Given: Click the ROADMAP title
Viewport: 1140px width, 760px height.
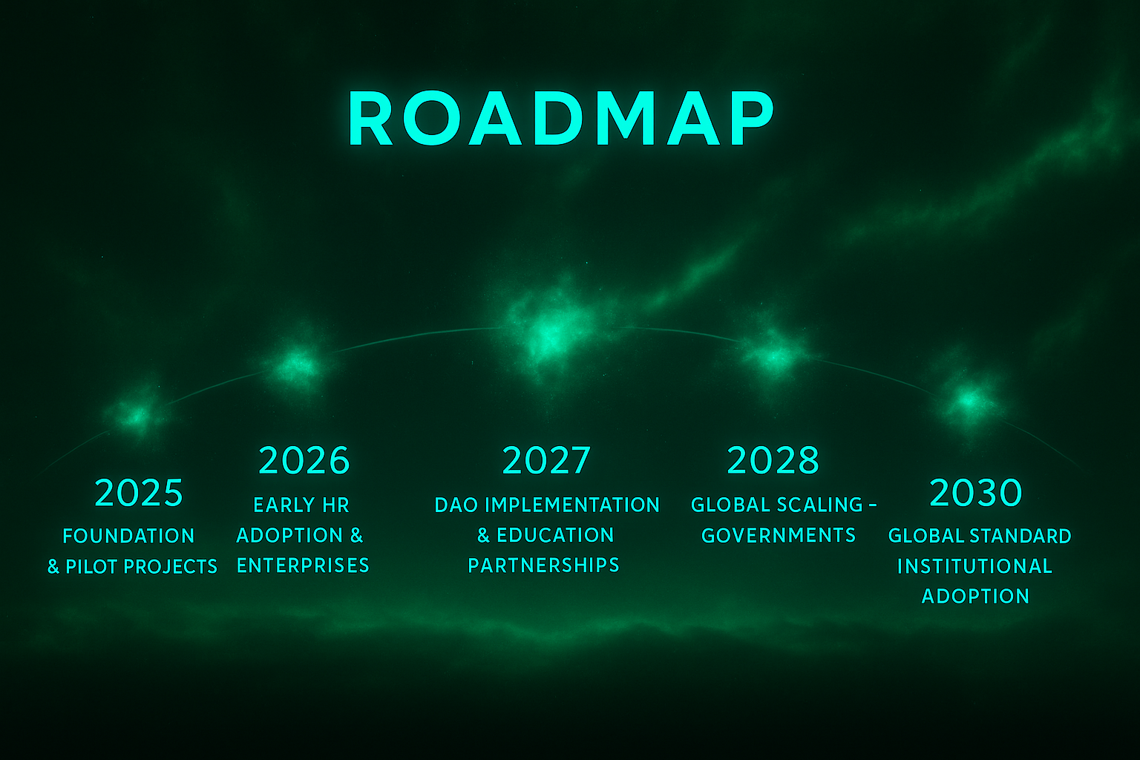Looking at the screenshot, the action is click(x=561, y=118).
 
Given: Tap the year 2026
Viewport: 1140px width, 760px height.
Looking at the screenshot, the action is click(x=304, y=460).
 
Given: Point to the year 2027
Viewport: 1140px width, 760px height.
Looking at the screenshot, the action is click(x=546, y=460).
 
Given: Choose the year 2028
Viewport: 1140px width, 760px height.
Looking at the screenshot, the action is click(x=773, y=460).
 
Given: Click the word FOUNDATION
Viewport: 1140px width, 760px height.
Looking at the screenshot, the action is click(x=128, y=536).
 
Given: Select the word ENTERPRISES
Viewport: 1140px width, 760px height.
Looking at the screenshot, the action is click(x=303, y=566).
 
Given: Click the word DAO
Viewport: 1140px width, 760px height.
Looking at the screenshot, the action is click(x=456, y=505).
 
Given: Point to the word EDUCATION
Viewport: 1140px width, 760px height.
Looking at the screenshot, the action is click(x=555, y=535).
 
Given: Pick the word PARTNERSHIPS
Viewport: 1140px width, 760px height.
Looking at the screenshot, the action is click(x=543, y=566).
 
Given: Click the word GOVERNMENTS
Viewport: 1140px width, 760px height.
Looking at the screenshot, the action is click(x=779, y=535).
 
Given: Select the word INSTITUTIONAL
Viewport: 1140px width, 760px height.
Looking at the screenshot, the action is click(x=974, y=566).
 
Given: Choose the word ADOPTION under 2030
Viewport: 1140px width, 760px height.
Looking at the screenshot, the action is click(x=975, y=596).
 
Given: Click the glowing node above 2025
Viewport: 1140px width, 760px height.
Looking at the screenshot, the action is click(x=135, y=415).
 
